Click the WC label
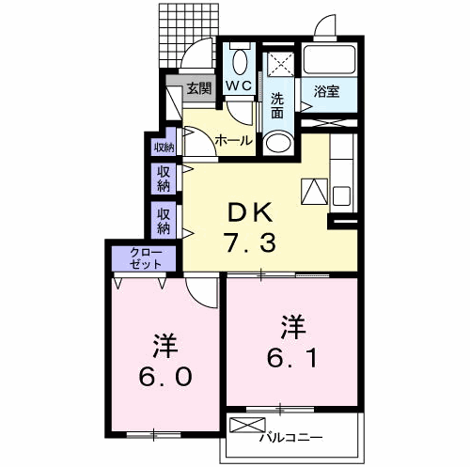(239, 86)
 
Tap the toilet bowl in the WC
(240, 61)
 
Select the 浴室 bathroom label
(326, 92)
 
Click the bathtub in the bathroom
(329, 59)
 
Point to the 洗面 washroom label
(277, 106)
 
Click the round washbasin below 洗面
(278, 143)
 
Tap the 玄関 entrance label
(199, 88)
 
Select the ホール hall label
(234, 140)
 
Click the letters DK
(250, 212)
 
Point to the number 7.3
(250, 242)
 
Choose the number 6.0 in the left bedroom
(165, 377)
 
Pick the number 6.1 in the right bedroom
(292, 358)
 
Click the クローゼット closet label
(146, 258)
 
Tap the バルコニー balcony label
(290, 437)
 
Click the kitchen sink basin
(341, 195)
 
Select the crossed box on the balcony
(247, 425)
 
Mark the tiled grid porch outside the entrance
(188, 35)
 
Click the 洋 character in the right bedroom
(293, 328)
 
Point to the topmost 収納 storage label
(164, 148)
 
